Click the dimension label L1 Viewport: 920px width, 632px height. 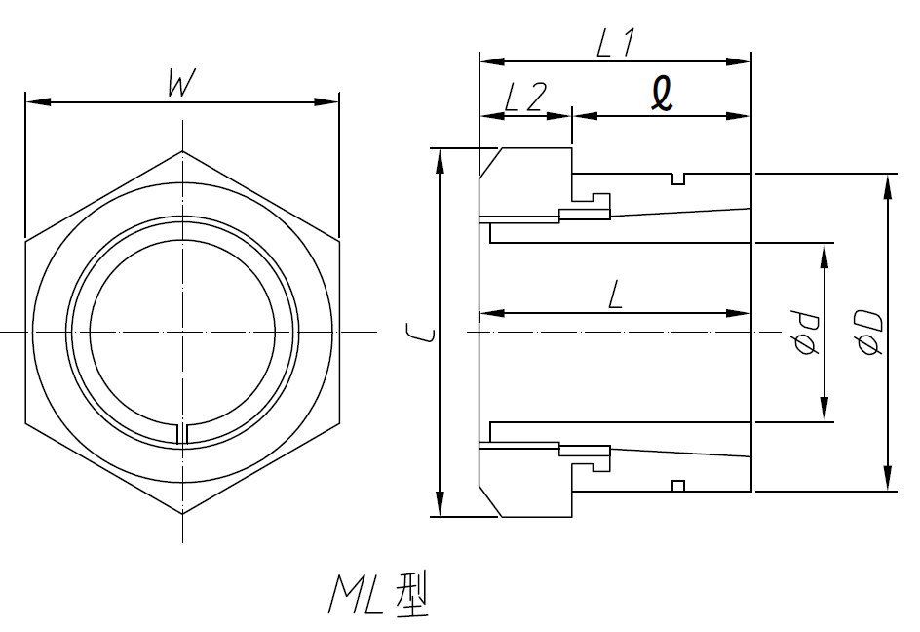pyautogui.click(x=616, y=43)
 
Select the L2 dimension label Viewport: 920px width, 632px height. pyautogui.click(x=524, y=98)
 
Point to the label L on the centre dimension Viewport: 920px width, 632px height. pyautogui.click(x=615, y=294)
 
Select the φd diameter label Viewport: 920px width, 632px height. pyautogui.click(x=805, y=332)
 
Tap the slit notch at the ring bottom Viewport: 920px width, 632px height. pyautogui.click(x=182, y=434)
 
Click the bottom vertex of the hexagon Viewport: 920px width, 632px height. pyautogui.click(x=182, y=513)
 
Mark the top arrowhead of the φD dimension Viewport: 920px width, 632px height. pyautogui.click(x=888, y=182)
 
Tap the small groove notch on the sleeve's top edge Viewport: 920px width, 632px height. pyautogui.click(x=679, y=179)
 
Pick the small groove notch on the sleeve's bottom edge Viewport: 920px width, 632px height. pyautogui.click(x=679, y=485)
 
